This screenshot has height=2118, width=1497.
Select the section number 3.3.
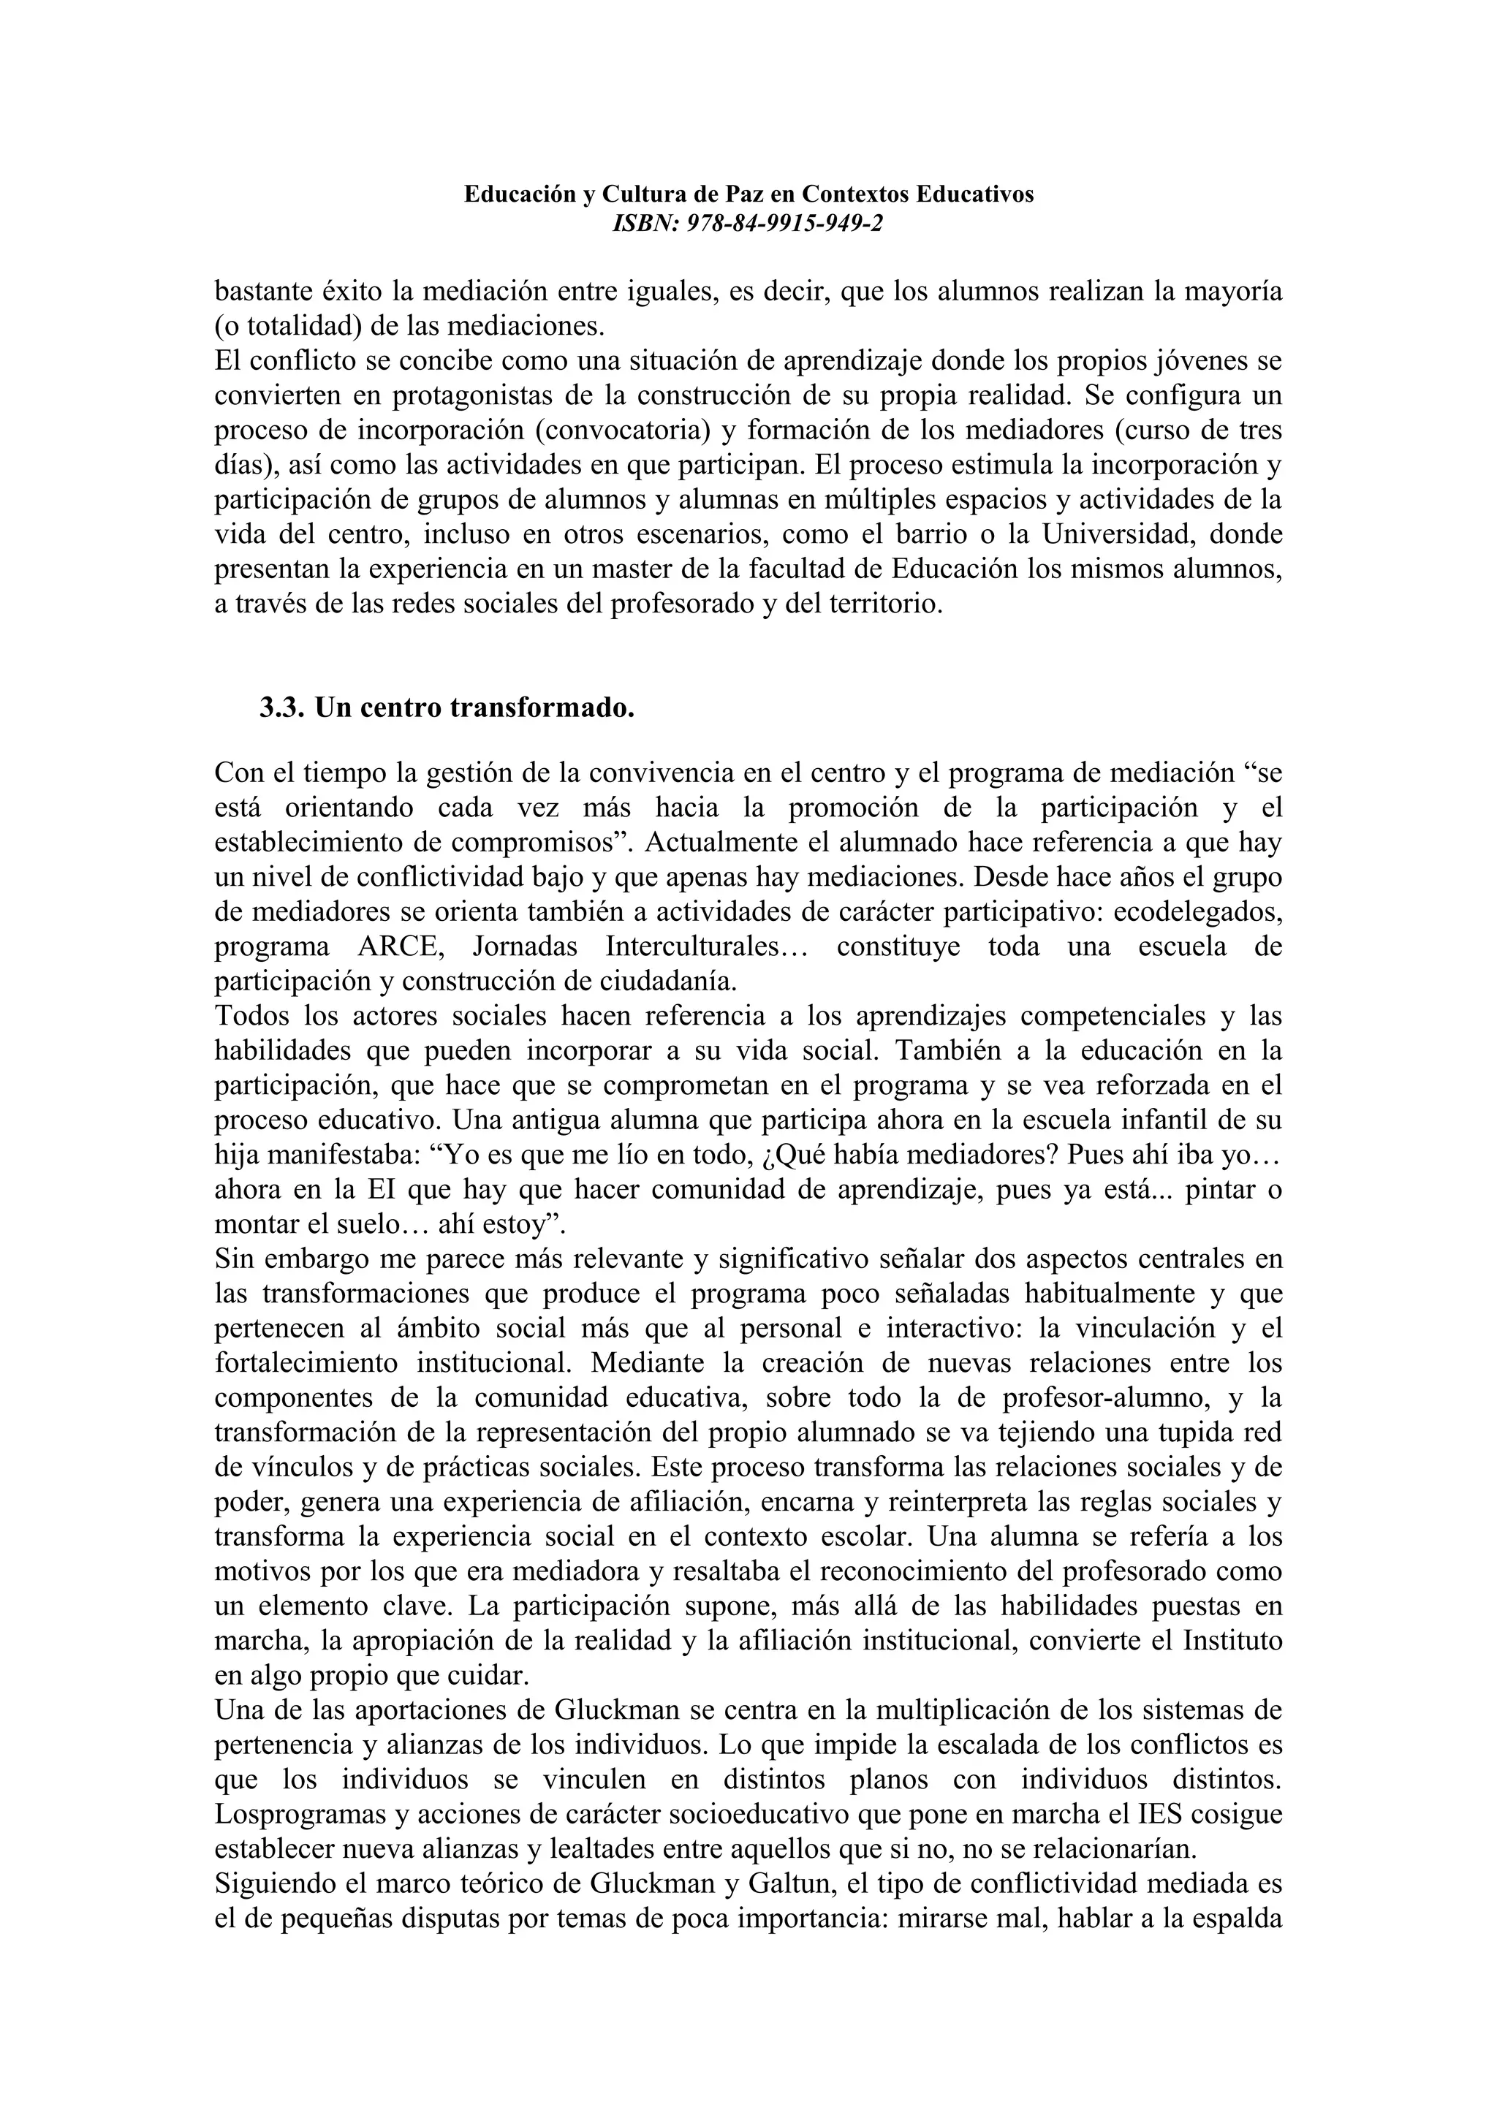(x=281, y=707)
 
